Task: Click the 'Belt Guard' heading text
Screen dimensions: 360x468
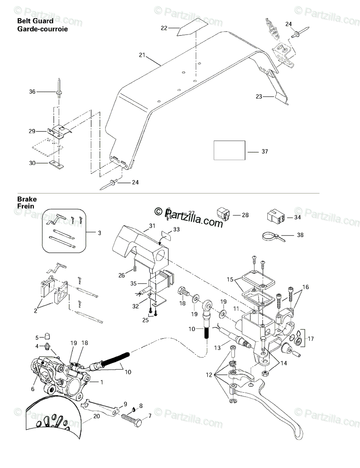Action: (x=35, y=21)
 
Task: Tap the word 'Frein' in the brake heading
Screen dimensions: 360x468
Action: (x=26, y=206)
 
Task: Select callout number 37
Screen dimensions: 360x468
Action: (x=265, y=152)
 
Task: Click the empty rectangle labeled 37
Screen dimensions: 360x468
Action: (x=229, y=150)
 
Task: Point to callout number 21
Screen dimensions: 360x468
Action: (x=142, y=55)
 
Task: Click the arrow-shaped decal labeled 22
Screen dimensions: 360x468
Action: (x=192, y=27)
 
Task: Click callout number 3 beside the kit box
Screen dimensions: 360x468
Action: (x=99, y=233)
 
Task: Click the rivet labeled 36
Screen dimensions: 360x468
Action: (x=59, y=89)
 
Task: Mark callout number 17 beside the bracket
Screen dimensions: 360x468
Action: (x=311, y=339)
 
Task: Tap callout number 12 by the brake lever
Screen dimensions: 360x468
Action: (x=209, y=375)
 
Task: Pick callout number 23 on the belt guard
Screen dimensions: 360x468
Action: (x=259, y=97)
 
